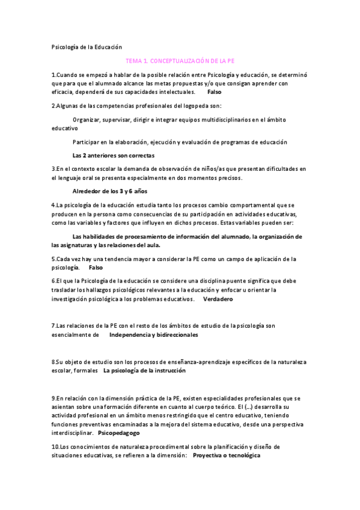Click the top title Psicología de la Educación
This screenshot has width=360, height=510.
(87, 46)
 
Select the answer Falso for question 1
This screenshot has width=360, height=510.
(214, 92)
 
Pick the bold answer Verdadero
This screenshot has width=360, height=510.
(218, 298)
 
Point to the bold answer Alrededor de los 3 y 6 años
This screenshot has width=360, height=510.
(109, 191)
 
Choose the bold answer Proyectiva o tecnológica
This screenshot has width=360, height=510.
(227, 455)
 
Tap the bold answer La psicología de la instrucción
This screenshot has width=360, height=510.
(145, 370)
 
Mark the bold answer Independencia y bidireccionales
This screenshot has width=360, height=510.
(154, 334)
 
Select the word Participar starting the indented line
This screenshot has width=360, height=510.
(87, 142)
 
